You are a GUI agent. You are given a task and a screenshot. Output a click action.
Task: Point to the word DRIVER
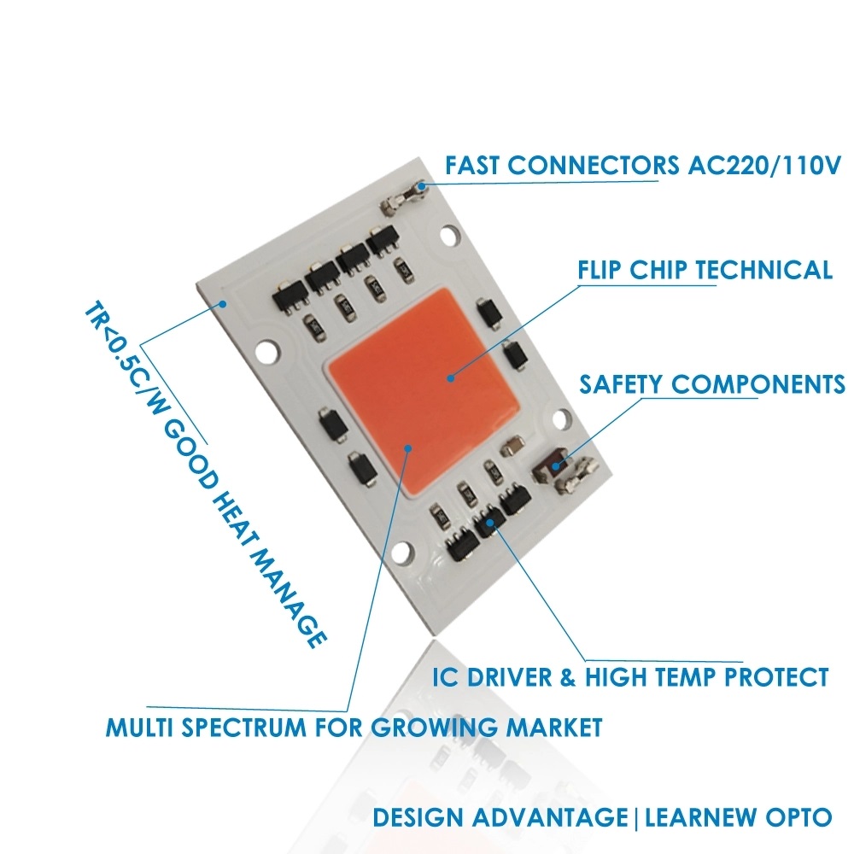click(520, 678)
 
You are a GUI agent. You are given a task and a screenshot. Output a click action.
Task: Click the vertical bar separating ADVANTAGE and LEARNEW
click(636, 817)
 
